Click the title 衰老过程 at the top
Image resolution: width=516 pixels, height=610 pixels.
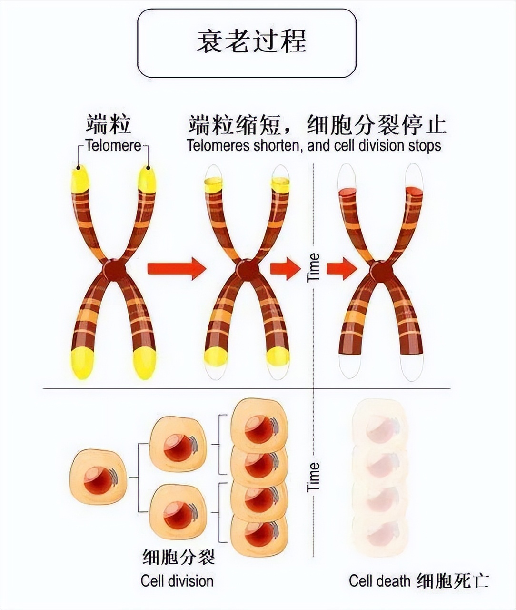[251, 41]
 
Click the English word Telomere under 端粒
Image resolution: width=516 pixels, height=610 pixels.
[113, 145]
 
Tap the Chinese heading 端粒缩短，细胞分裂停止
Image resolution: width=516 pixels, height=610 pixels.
[317, 125]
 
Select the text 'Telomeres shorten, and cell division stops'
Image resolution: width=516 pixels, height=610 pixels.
[314, 145]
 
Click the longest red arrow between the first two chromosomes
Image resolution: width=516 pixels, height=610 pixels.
[176, 269]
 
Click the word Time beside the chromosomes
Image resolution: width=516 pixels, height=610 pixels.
[314, 268]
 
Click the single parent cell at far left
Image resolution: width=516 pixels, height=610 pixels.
[99, 476]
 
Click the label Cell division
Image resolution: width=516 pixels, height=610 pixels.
[177, 581]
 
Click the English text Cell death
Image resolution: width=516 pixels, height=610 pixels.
[379, 581]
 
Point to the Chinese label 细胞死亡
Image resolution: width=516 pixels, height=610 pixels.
[452, 581]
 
